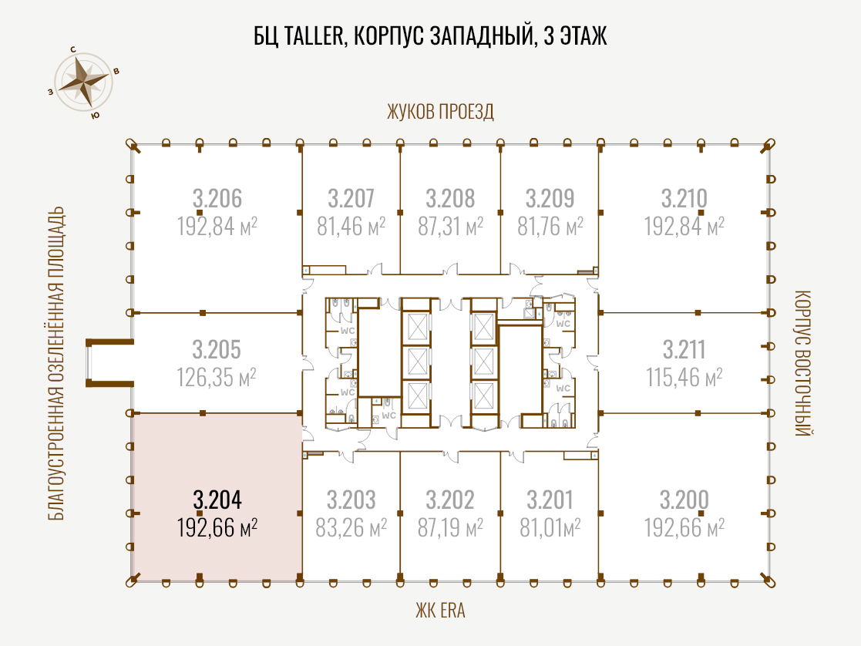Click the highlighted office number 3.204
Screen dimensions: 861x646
(x=217, y=500)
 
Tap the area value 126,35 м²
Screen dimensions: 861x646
(x=217, y=378)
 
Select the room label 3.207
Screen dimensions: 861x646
(x=351, y=198)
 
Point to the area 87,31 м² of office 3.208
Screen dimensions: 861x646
(x=450, y=227)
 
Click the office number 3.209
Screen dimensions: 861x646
(x=550, y=198)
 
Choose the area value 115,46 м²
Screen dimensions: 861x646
(x=684, y=378)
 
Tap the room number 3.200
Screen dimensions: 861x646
(x=684, y=500)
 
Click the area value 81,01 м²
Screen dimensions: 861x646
(x=550, y=528)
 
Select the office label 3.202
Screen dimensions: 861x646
(x=449, y=500)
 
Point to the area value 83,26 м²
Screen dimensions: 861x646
(x=351, y=528)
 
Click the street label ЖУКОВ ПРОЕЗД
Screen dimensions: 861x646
(x=440, y=112)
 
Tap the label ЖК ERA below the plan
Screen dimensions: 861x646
(x=440, y=611)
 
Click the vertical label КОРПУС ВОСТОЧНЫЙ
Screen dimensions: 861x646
(x=802, y=363)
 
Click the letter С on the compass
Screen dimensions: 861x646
(x=73, y=49)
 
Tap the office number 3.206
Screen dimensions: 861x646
(x=217, y=198)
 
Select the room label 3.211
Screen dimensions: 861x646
(x=684, y=349)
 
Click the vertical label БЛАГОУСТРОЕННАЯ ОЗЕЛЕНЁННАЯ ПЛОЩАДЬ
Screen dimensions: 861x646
(x=56, y=363)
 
